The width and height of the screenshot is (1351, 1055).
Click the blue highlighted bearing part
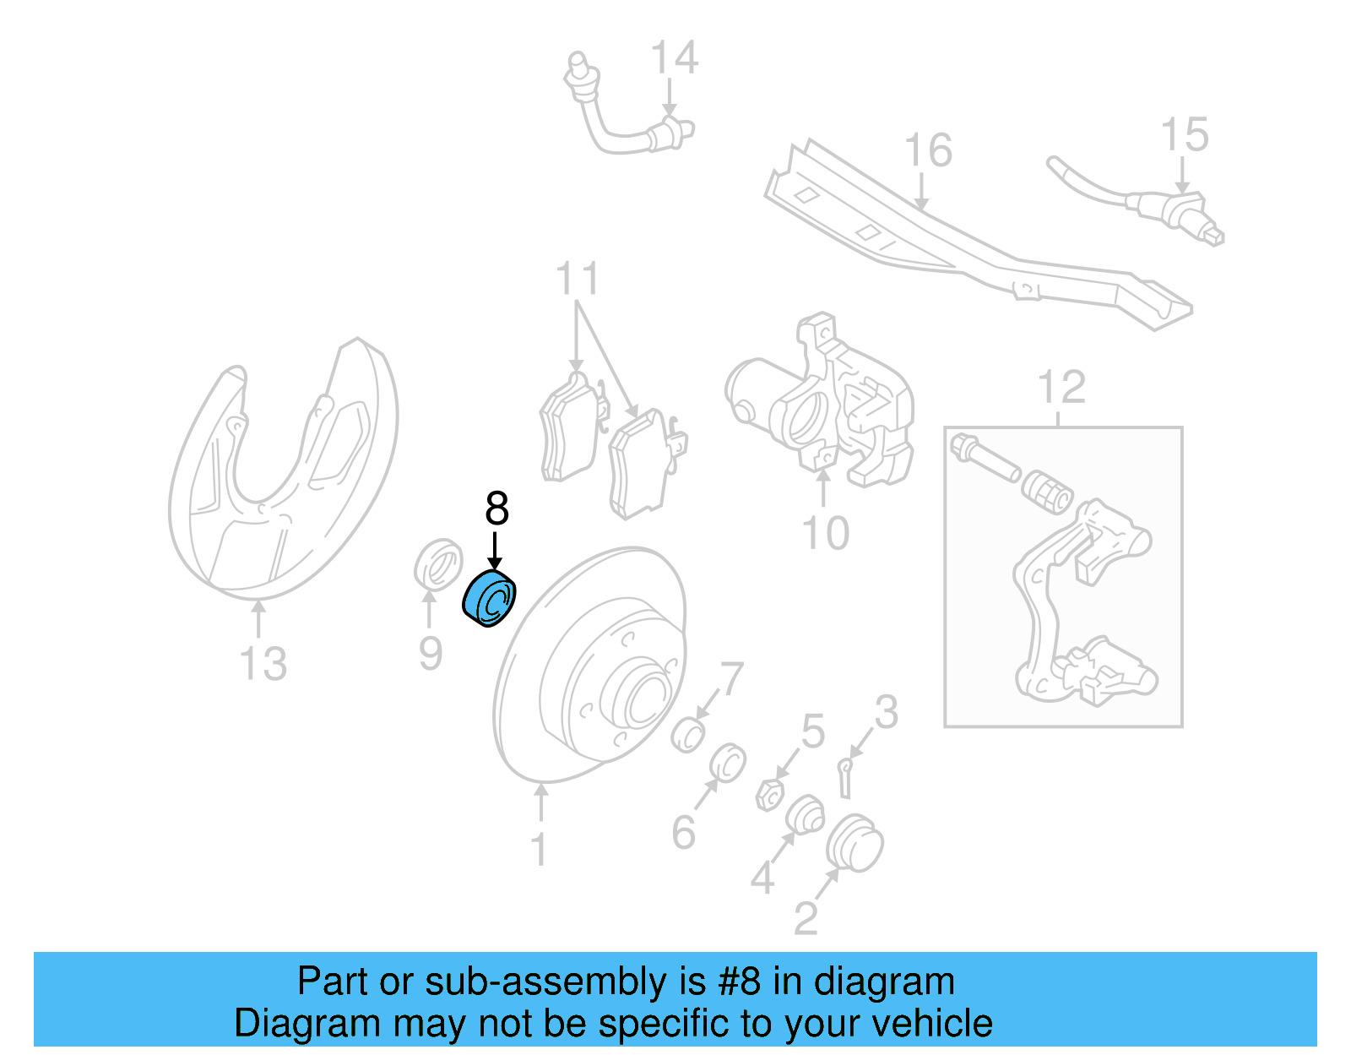(x=490, y=599)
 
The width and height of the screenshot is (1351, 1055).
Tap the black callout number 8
(x=496, y=508)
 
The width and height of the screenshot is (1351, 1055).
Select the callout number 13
(x=263, y=664)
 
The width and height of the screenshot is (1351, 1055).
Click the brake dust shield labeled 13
(x=279, y=473)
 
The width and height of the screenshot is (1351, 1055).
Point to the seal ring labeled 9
(x=438, y=563)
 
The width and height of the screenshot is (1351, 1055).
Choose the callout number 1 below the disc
(x=539, y=849)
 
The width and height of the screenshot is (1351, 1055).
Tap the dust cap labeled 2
(x=854, y=842)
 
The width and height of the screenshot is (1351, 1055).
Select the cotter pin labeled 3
(x=844, y=775)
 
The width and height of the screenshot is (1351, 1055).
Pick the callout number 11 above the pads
(x=578, y=279)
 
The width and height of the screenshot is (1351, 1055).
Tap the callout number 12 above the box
(x=1061, y=388)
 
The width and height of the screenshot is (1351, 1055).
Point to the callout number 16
(x=927, y=150)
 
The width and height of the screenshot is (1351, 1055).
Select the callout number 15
(x=1185, y=135)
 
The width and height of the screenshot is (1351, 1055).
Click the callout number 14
(x=674, y=57)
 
